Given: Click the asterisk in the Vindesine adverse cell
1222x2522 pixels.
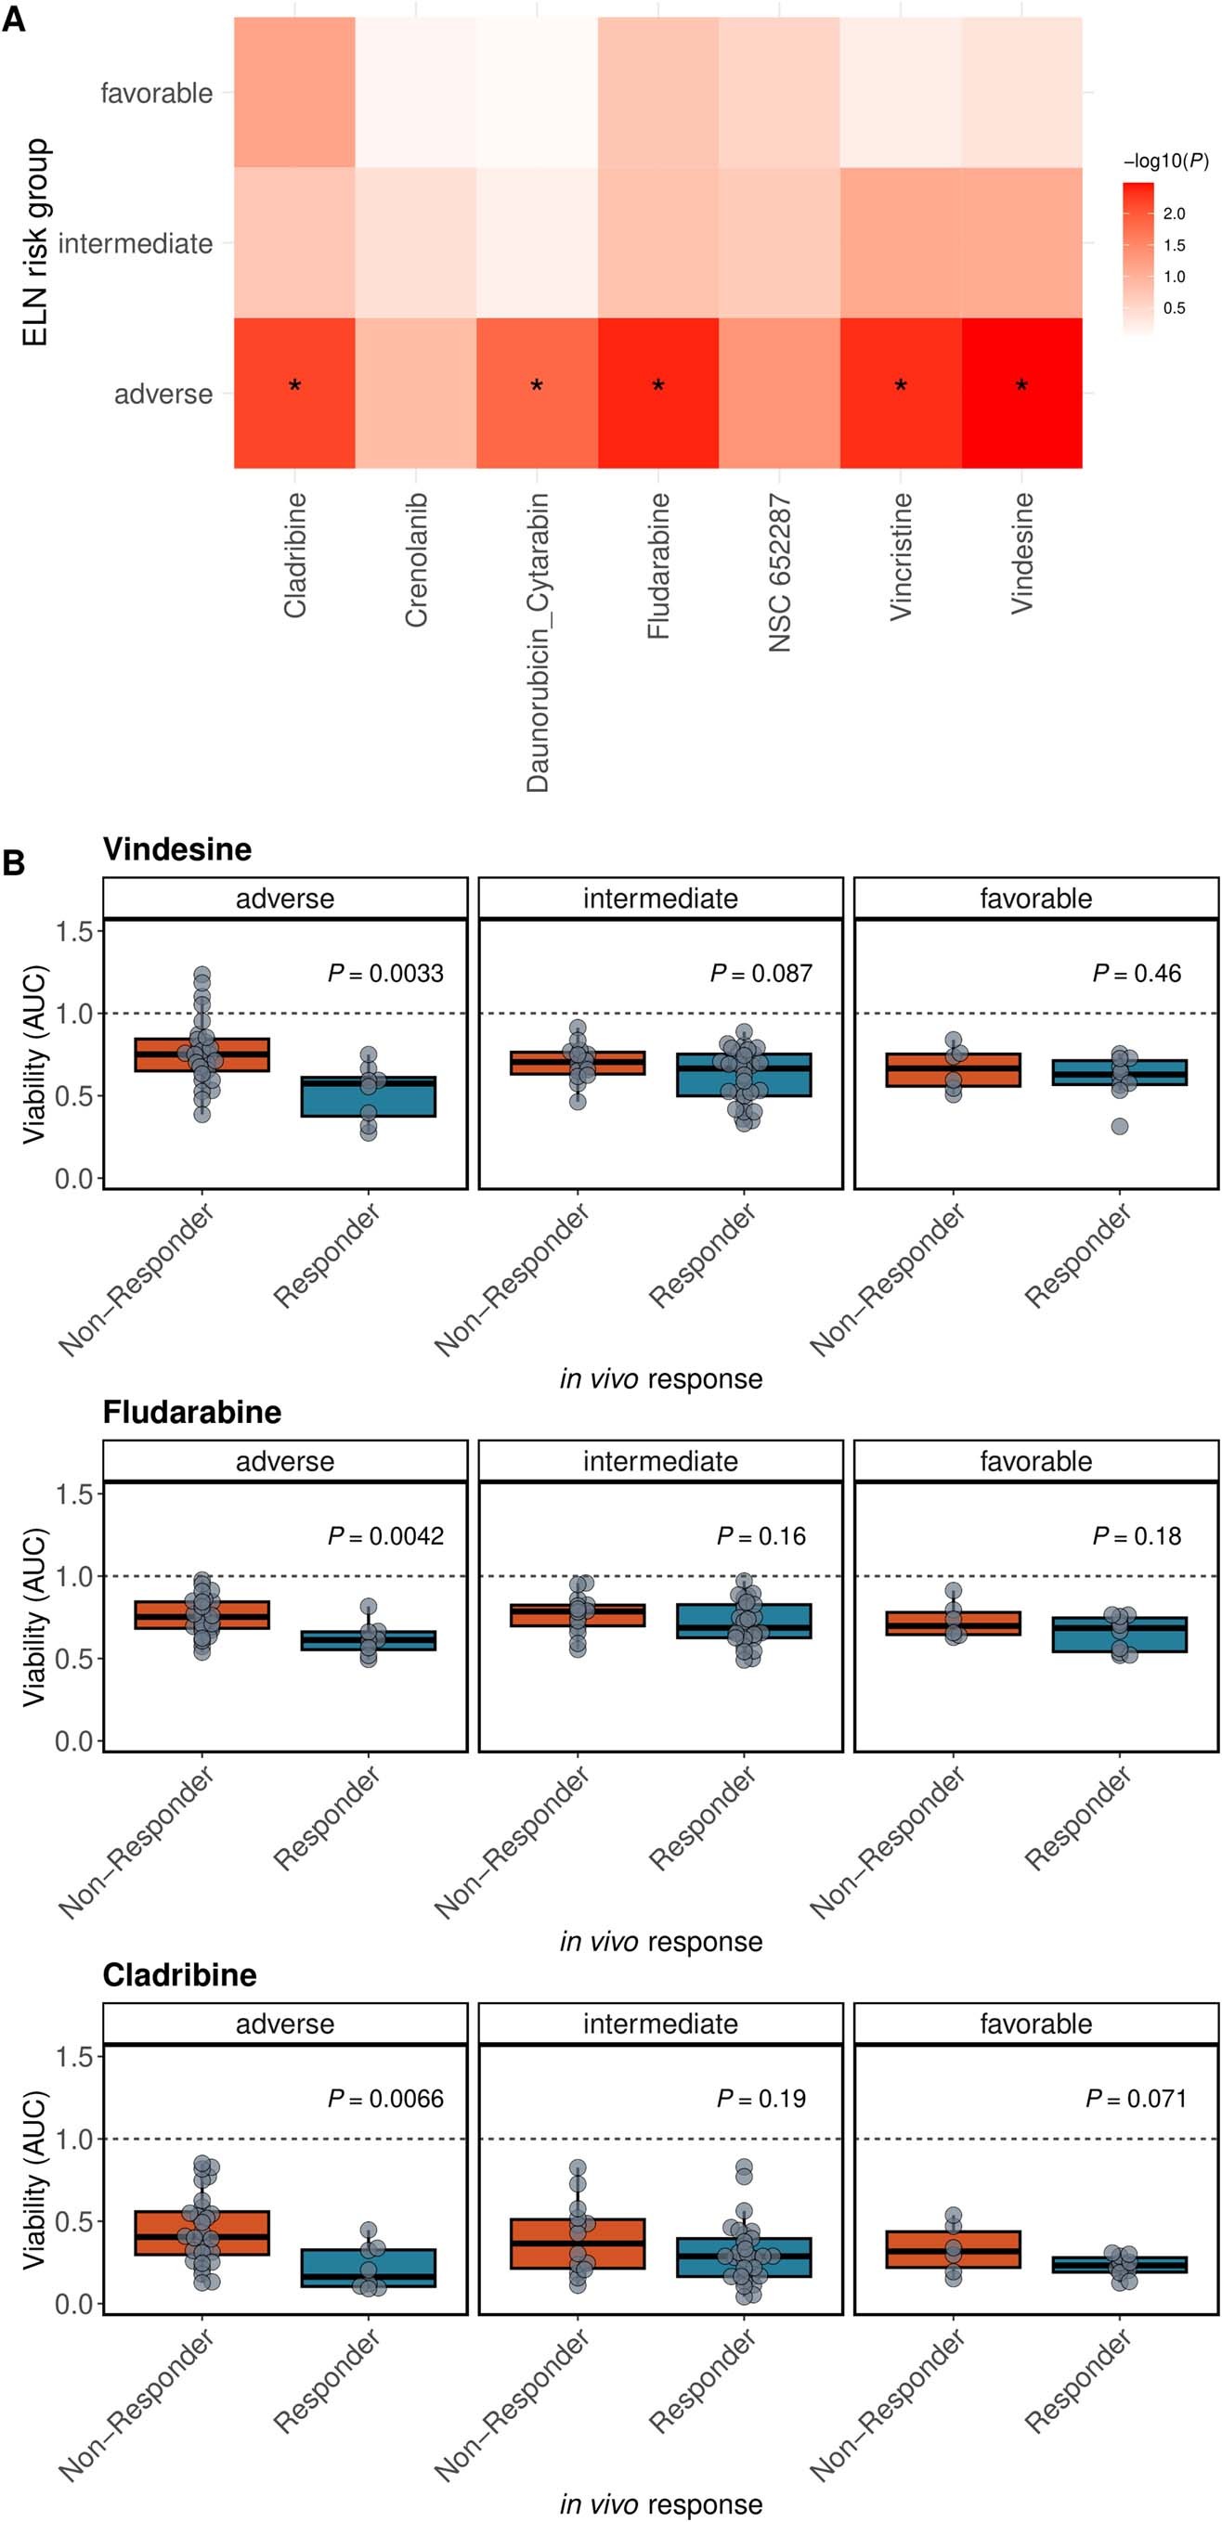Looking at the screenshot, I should pyautogui.click(x=1021, y=386).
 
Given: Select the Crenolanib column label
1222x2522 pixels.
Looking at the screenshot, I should pyautogui.click(x=416, y=559).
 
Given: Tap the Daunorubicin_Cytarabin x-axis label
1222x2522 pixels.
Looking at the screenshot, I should pyautogui.click(x=538, y=642).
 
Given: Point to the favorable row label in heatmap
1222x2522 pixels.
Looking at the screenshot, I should pyautogui.click(x=157, y=93).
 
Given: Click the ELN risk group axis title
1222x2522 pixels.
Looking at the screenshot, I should pyautogui.click(x=35, y=242).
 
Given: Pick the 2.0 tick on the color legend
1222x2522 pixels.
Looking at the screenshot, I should pyautogui.click(x=1174, y=213).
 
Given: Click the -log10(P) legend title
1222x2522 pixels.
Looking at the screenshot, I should pyautogui.click(x=1165, y=162).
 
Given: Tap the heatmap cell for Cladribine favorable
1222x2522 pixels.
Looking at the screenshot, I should pyautogui.click(x=294, y=92).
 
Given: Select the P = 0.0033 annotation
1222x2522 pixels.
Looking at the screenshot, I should pyautogui.click(x=384, y=973).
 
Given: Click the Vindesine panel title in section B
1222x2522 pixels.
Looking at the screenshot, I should pyautogui.click(x=177, y=848).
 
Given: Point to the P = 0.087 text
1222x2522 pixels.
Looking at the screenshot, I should pyautogui.click(x=760, y=973).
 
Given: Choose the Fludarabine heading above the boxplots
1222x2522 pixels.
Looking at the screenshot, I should pyautogui.click(x=192, y=1412).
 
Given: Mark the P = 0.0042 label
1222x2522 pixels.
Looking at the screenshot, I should pyautogui.click(x=384, y=1536).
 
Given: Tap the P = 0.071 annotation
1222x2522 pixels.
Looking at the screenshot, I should pyautogui.click(x=1136, y=2098).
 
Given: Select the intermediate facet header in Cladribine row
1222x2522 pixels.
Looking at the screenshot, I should pyautogui.click(x=660, y=2024).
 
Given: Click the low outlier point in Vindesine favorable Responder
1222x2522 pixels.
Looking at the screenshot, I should pyautogui.click(x=1119, y=1126).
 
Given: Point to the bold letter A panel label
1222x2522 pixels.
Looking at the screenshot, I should pyautogui.click(x=14, y=19).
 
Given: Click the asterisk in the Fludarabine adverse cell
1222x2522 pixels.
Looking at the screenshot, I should pyautogui.click(x=658, y=386).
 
